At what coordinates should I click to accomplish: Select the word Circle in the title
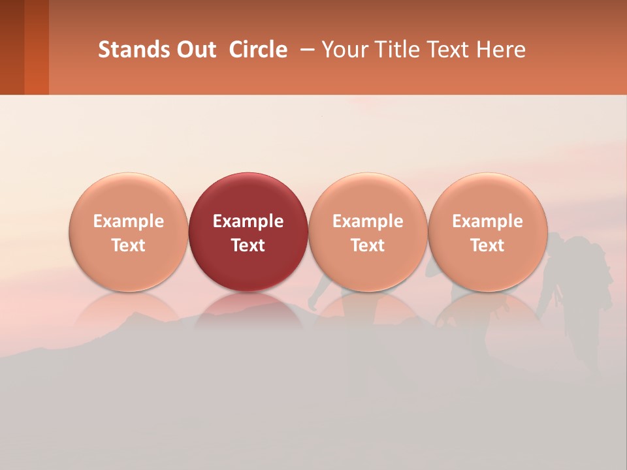pyautogui.click(x=258, y=50)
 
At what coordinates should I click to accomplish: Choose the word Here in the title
pyautogui.click(x=501, y=50)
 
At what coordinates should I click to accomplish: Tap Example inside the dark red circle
pyautogui.click(x=248, y=221)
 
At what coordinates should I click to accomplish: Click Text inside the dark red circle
pyautogui.click(x=248, y=245)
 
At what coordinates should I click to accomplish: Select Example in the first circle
pyautogui.click(x=129, y=221)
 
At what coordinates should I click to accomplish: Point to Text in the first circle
pyautogui.click(x=129, y=245)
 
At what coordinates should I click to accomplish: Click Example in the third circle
pyautogui.click(x=368, y=221)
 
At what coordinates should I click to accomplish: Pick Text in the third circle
pyautogui.click(x=368, y=245)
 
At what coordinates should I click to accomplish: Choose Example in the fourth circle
pyautogui.click(x=488, y=221)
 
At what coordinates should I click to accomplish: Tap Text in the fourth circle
pyautogui.click(x=488, y=245)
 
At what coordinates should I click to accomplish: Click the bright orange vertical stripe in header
pyautogui.click(x=37, y=47)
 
